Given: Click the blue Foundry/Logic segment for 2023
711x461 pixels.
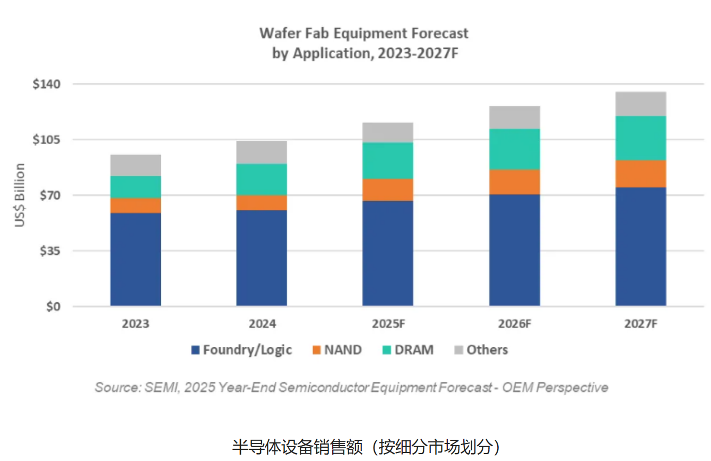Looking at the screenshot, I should (x=135, y=259).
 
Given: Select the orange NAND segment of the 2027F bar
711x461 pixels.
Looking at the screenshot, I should (x=640, y=174).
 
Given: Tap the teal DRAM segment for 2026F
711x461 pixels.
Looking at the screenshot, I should (x=514, y=149).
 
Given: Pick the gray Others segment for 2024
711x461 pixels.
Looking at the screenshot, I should (x=262, y=152).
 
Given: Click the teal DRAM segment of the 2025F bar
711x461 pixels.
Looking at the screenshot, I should (x=388, y=160).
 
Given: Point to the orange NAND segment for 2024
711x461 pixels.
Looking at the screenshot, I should (x=262, y=202).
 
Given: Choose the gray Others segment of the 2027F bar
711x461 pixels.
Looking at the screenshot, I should (x=640, y=104).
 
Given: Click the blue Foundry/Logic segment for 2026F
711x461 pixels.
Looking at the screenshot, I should (x=514, y=250).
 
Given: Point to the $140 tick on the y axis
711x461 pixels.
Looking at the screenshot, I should (x=47, y=84).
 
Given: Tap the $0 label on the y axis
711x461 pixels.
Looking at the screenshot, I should (x=53, y=306).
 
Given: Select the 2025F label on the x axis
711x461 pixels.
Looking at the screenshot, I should (x=388, y=323).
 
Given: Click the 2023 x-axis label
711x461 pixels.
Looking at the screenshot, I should (x=135, y=323).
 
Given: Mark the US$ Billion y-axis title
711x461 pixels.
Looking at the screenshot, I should (x=20, y=195).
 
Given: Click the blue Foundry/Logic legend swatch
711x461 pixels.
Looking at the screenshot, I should (x=195, y=350).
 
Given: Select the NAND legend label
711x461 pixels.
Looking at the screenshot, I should (x=343, y=350).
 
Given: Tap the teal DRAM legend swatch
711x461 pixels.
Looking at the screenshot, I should (x=386, y=350).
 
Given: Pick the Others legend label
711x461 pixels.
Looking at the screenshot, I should (x=487, y=350).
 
